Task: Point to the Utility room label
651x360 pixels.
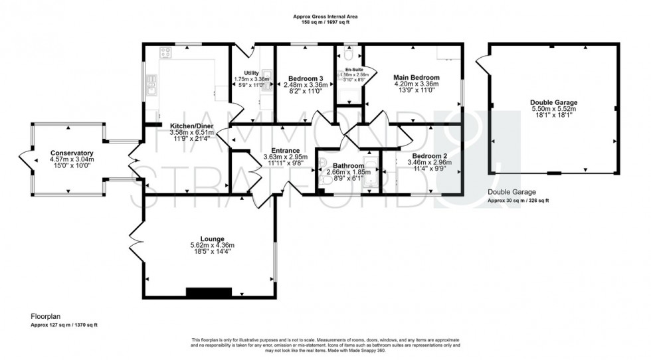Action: coord(251,72)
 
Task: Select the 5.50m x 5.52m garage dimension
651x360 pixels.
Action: coord(553,110)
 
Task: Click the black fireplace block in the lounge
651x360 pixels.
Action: coord(209,293)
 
